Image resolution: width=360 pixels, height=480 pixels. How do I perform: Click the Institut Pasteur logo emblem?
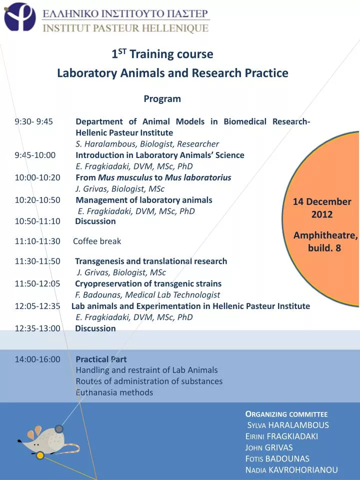(19, 16)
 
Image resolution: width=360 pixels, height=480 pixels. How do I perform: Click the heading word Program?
(162, 99)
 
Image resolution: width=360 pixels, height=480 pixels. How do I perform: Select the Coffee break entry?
(97, 241)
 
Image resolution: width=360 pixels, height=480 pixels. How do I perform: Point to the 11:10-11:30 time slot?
(37, 241)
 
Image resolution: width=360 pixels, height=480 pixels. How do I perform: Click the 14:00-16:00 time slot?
(37, 359)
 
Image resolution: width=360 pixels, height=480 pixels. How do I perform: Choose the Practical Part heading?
(101, 359)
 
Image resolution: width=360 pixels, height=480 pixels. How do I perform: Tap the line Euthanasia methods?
(114, 392)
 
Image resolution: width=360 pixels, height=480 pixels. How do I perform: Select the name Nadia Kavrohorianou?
(291, 470)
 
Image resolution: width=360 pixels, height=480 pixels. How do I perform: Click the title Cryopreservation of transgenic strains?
(148, 283)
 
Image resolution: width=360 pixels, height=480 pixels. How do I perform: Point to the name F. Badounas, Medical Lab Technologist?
(147, 295)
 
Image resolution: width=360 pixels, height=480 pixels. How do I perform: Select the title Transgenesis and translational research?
(151, 261)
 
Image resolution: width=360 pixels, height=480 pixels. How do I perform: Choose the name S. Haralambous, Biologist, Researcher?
(147, 144)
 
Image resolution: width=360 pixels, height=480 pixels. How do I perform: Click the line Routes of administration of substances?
(149, 381)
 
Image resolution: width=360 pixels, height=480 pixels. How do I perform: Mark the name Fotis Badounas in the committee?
(277, 459)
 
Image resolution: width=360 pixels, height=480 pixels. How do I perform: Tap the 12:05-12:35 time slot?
(37, 306)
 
